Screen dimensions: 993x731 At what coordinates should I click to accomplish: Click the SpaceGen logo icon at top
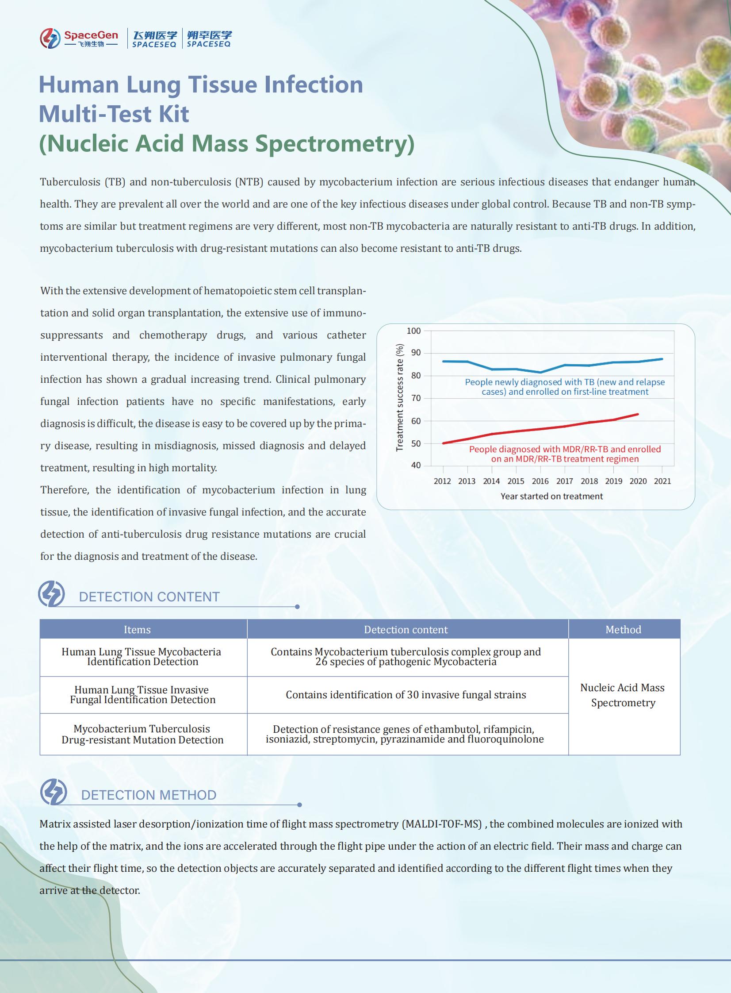50,38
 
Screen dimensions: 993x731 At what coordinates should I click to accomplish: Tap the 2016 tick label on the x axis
540,481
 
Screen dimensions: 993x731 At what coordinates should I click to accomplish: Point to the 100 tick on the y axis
413,331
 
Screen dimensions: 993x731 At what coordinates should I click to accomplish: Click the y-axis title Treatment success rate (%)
400,397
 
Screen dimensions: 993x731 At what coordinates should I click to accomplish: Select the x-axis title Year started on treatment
551,496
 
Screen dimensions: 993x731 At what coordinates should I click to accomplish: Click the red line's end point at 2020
638,414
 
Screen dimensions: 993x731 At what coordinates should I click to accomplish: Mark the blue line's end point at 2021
662,359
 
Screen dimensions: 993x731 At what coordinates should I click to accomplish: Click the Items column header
137,630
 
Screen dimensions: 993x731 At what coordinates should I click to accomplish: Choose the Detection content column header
406,630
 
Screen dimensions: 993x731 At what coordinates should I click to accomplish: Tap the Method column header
623,630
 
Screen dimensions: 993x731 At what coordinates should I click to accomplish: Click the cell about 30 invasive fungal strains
406,695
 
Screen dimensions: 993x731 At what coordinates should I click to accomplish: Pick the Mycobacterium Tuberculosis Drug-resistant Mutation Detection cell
142,734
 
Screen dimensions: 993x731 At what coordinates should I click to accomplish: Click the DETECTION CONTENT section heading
149,597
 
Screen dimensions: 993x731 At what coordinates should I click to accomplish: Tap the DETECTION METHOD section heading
149,795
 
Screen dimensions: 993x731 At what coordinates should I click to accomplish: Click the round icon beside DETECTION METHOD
54,792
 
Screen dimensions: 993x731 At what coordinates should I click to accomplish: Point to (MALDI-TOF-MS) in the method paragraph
442,824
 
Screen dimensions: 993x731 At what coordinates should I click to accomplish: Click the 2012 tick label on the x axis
442,481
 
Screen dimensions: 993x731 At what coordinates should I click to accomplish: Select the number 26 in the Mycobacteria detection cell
321,662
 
